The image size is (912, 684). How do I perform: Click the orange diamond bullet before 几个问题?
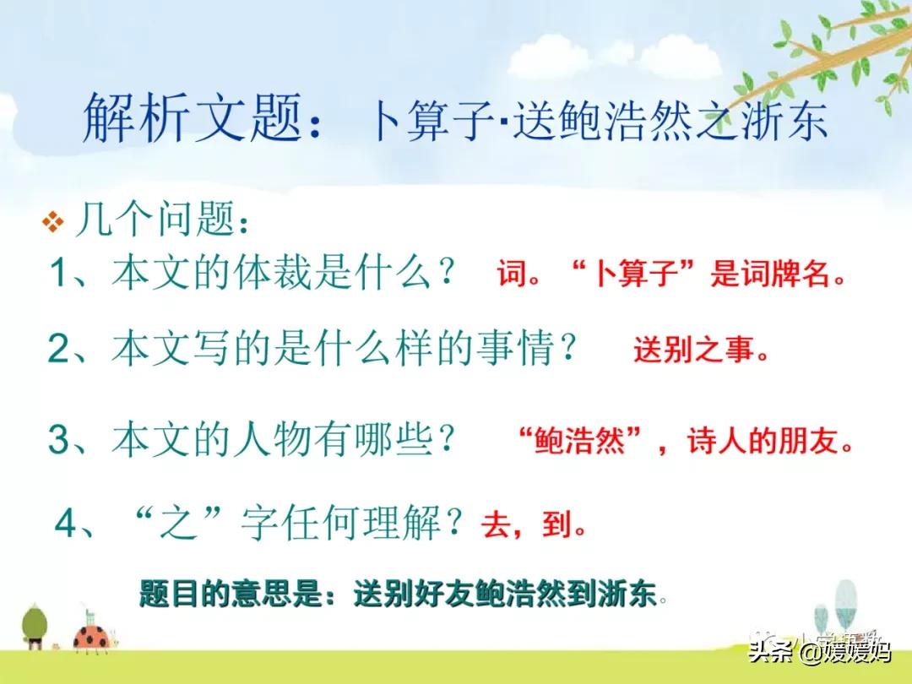point(53,221)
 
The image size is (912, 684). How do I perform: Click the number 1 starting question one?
point(59,272)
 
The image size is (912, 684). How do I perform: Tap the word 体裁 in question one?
point(272,272)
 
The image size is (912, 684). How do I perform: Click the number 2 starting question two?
point(58,348)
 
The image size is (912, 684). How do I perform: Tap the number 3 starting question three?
point(58,438)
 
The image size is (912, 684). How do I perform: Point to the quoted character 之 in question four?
point(177,523)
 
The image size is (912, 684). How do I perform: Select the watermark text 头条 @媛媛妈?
point(819,651)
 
